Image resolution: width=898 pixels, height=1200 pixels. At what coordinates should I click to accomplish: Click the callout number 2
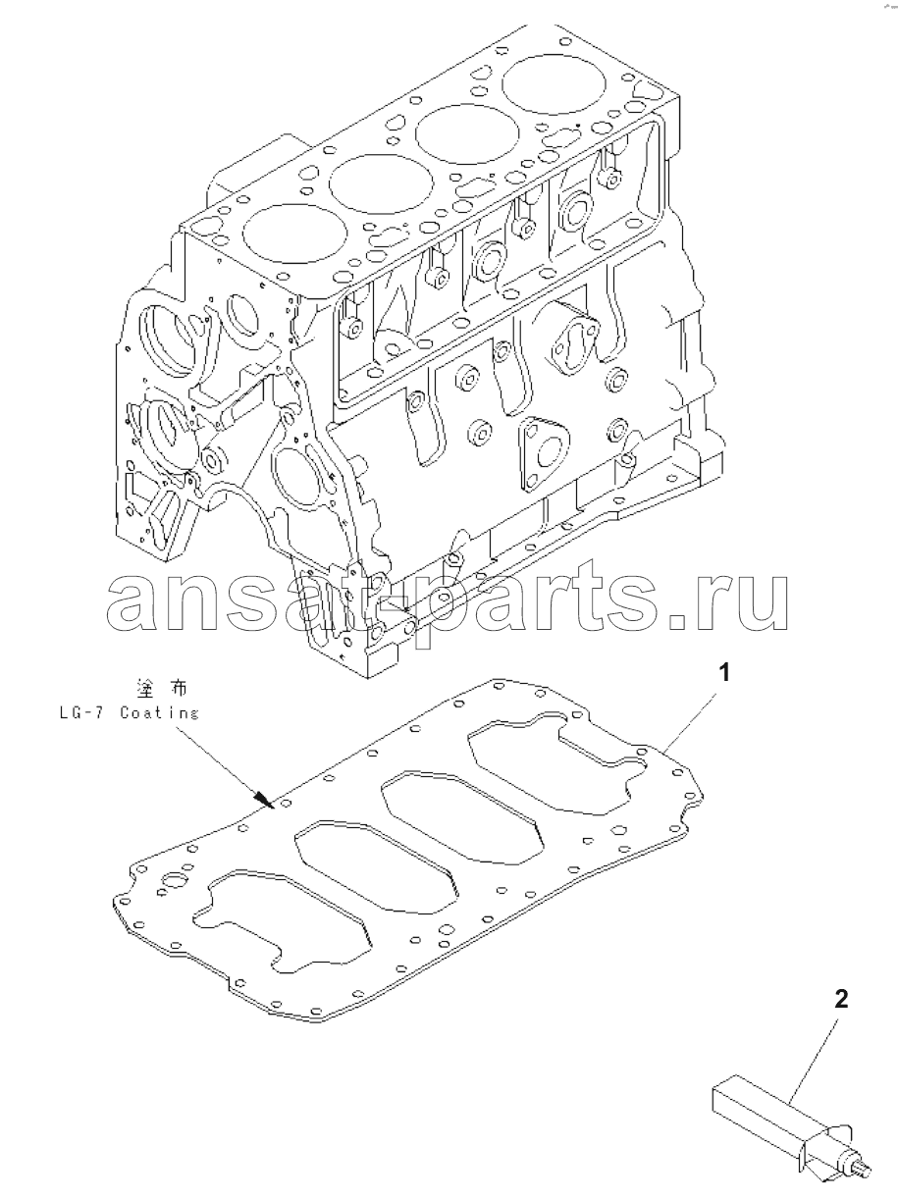click(x=842, y=1000)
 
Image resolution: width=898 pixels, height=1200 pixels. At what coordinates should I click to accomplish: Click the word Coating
click(x=159, y=713)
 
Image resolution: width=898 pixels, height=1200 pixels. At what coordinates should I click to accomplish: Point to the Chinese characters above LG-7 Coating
click(x=162, y=689)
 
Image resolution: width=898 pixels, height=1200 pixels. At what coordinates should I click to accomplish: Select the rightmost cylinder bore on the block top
click(x=554, y=87)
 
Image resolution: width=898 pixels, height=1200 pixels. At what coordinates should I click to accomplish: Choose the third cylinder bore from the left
click(x=467, y=136)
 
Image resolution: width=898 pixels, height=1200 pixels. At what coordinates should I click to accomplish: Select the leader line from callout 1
click(x=692, y=719)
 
